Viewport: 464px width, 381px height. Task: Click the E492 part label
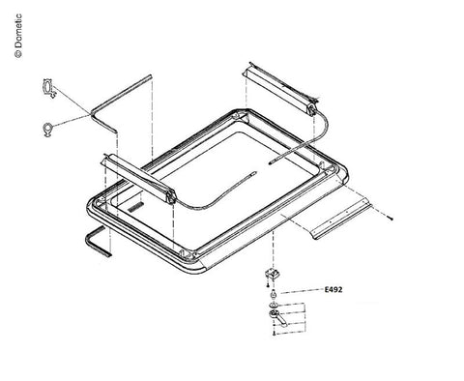tap(333, 289)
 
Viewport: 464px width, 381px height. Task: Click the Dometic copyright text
tap(18, 36)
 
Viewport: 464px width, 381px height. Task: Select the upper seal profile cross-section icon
tap(49, 89)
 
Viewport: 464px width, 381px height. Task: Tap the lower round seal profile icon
tap(48, 130)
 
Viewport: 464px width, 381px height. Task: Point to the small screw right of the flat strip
tap(391, 219)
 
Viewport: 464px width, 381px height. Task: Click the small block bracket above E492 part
tap(273, 275)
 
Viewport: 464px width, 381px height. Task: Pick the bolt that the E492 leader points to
tap(274, 294)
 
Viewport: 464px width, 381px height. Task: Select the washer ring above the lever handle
tap(274, 305)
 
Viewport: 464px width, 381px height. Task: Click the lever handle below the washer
tap(277, 318)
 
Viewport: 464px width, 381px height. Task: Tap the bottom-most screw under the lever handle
tap(274, 334)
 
